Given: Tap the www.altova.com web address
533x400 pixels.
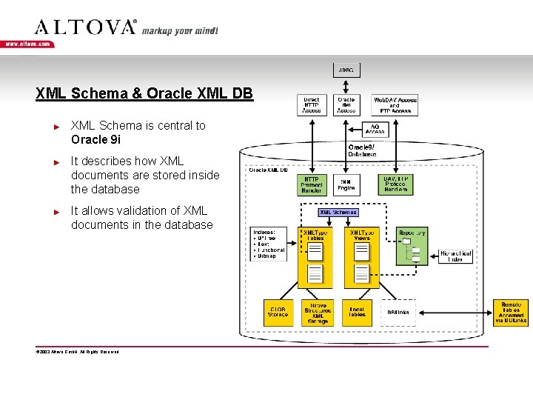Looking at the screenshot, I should (x=27, y=44).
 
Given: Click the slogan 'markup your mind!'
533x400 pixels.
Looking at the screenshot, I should (x=180, y=31).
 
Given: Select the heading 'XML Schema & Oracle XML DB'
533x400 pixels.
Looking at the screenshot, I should (x=144, y=94).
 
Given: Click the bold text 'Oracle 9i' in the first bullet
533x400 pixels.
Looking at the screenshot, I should (x=95, y=139).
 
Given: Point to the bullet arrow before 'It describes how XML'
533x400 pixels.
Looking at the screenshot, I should (x=56, y=161).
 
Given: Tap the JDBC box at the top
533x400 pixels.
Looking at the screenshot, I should (x=346, y=70).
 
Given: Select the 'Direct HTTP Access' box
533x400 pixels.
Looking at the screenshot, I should (x=312, y=104).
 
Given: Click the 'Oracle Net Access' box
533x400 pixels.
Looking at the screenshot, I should (x=346, y=104).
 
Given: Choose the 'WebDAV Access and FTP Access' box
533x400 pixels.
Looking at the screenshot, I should (x=395, y=104).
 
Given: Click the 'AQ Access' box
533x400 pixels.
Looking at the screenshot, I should (x=375, y=129).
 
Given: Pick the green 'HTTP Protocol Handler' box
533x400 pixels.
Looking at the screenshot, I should (x=312, y=184).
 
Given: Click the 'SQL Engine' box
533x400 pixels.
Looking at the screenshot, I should (x=346, y=184).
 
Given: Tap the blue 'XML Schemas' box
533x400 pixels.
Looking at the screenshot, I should (x=338, y=212).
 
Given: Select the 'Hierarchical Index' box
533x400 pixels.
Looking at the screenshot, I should (x=455, y=256).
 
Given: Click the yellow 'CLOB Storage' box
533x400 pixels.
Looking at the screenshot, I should (x=278, y=312).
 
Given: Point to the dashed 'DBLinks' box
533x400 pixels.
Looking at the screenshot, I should (x=398, y=313).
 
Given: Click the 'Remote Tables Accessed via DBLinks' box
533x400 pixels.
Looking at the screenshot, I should (x=511, y=313).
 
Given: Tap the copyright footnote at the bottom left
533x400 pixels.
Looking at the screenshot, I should (x=78, y=352).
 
